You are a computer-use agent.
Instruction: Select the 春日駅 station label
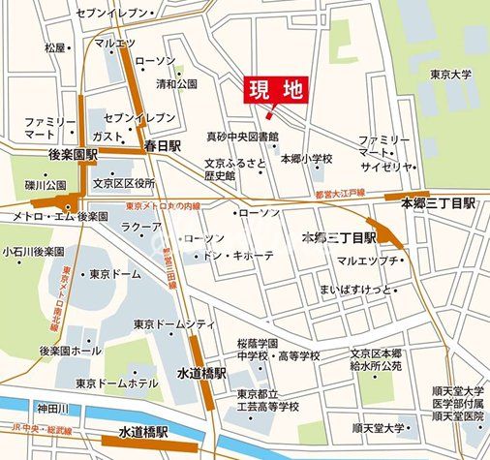pyautogui.click(x=163, y=146)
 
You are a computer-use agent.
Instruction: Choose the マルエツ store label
pyautogui.click(x=114, y=44)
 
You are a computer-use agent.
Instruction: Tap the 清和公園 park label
pyautogui.click(x=178, y=83)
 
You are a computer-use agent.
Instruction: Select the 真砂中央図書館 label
pyautogui.click(x=242, y=137)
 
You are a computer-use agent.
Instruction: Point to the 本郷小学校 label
pyautogui.click(x=307, y=158)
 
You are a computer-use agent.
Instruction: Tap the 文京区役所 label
pyautogui.click(x=124, y=182)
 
